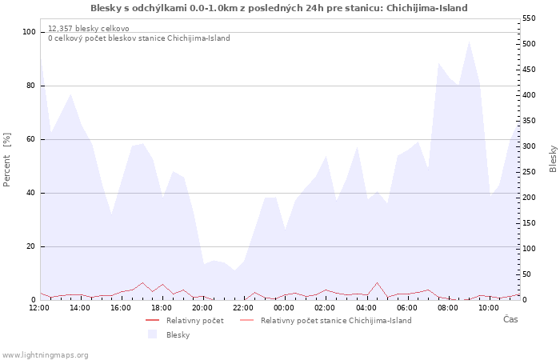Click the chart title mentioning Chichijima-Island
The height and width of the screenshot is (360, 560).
pos(279,8)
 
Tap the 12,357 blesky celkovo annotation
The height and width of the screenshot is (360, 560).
pos(89,29)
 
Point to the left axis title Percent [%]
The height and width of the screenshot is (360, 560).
pos(6,160)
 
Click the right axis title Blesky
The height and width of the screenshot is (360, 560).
pos(553,159)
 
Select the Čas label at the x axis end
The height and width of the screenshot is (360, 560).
pos(510,319)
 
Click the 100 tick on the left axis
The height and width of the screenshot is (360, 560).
pos(29,32)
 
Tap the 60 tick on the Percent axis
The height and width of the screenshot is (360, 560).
pos(30,139)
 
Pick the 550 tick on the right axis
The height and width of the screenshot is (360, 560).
pos(529,18)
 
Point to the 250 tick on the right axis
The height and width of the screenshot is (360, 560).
pos(529,172)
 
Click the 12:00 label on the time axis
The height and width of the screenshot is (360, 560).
pos(39,308)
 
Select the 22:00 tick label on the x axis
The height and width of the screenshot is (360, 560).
pos(243,308)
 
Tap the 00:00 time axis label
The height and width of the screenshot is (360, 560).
pos(284,308)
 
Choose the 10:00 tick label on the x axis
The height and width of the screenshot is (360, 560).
pos(488,308)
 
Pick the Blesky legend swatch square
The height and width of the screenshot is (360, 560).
pos(153,334)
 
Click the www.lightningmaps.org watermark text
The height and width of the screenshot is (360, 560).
pos(45,355)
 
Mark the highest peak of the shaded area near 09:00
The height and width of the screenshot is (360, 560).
pos(469,42)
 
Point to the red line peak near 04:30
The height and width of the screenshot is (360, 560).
pos(377,282)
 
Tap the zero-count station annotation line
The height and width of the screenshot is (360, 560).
pos(139,38)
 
